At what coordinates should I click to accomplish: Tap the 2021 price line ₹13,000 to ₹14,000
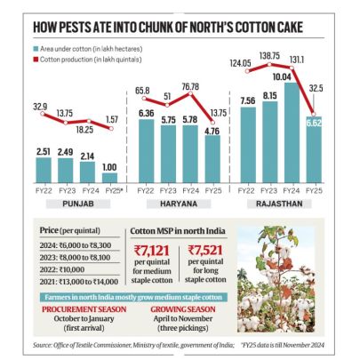click(x=76, y=284)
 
